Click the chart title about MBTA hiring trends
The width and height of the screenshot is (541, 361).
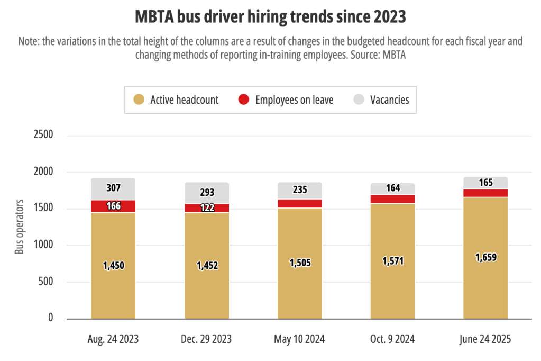tap(270, 17)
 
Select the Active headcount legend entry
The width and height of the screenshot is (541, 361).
tap(176, 100)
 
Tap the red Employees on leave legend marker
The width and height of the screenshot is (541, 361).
tap(243, 100)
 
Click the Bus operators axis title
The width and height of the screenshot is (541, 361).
tap(20, 227)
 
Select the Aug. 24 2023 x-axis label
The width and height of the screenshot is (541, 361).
tap(113, 339)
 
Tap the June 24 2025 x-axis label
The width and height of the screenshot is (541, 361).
tap(485, 339)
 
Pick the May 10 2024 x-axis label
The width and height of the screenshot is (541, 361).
tap(299, 339)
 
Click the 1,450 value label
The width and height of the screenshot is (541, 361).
tap(113, 266)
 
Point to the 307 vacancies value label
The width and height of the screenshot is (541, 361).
tap(113, 187)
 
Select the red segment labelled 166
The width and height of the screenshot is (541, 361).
tap(113, 206)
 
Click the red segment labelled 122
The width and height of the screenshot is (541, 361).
tap(206, 207)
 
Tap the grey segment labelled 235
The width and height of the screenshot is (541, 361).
tap(299, 190)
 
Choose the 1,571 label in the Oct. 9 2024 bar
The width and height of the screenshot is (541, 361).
tap(392, 261)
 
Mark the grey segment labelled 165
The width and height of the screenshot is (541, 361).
tap(485, 183)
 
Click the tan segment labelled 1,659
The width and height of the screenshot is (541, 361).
tap(485, 258)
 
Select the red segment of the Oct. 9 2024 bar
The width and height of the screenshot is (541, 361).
tap(392, 198)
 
